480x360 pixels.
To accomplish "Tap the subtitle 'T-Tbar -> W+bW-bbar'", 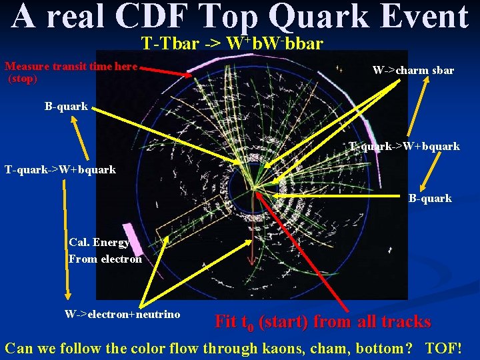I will pyautogui.click(x=233, y=44).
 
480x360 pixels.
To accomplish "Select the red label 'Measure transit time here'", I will pyautogui.click(x=71, y=67).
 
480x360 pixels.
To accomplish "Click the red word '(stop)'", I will pyautogui.click(x=22, y=78).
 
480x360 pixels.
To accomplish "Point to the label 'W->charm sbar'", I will pyautogui.click(x=413, y=70).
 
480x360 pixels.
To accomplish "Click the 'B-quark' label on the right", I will pyautogui.click(x=430, y=198).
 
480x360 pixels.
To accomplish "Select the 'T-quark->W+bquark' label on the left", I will pyautogui.click(x=60, y=169).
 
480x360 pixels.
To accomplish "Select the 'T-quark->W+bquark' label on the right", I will pyautogui.click(x=405, y=146).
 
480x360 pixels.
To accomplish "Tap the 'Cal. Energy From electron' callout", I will pyautogui.click(x=105, y=251).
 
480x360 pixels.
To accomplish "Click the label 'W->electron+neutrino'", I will pyautogui.click(x=122, y=314).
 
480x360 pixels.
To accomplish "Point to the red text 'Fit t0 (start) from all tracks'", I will pyautogui.click(x=323, y=322).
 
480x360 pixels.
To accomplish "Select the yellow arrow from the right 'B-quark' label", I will pyautogui.click(x=333, y=196).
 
